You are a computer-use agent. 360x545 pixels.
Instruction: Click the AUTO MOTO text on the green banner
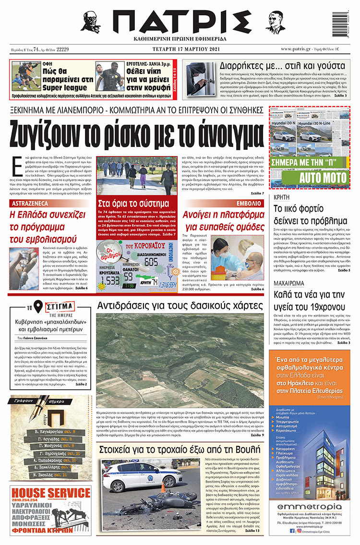click(316, 179)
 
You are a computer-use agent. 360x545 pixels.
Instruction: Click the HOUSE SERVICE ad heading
click(44, 493)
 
